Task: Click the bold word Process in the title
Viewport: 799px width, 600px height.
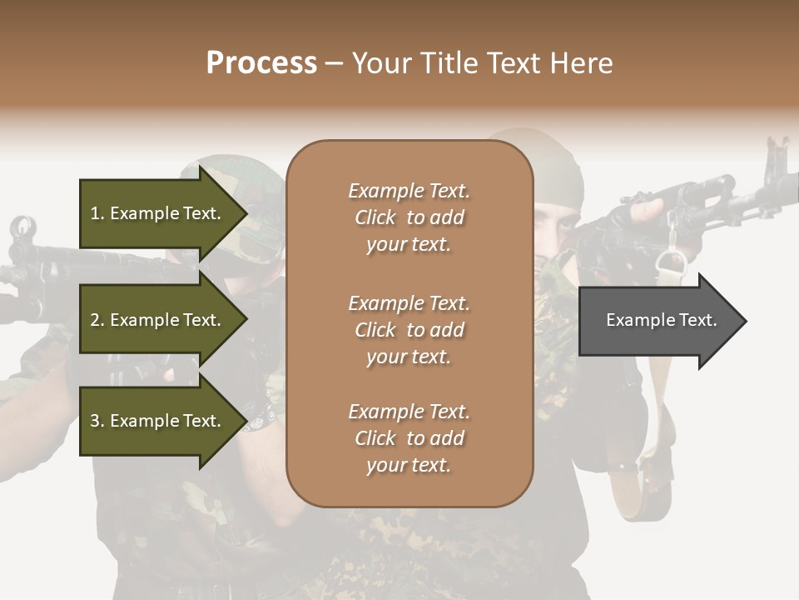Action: (261, 63)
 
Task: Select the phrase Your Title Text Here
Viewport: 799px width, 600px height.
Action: (482, 63)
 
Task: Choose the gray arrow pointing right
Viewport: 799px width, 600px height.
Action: (662, 321)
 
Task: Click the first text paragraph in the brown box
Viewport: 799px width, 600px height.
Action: (409, 217)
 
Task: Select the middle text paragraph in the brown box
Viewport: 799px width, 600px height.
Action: (409, 330)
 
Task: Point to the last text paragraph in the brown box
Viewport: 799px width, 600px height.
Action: (409, 438)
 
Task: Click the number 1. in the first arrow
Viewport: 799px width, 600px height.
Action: (97, 213)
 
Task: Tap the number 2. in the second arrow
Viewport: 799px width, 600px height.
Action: (97, 320)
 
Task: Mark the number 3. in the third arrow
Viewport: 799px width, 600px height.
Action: (97, 421)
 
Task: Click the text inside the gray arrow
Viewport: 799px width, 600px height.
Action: (662, 320)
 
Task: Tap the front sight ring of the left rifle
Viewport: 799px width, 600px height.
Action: (22, 227)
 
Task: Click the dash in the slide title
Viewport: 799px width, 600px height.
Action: (334, 64)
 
